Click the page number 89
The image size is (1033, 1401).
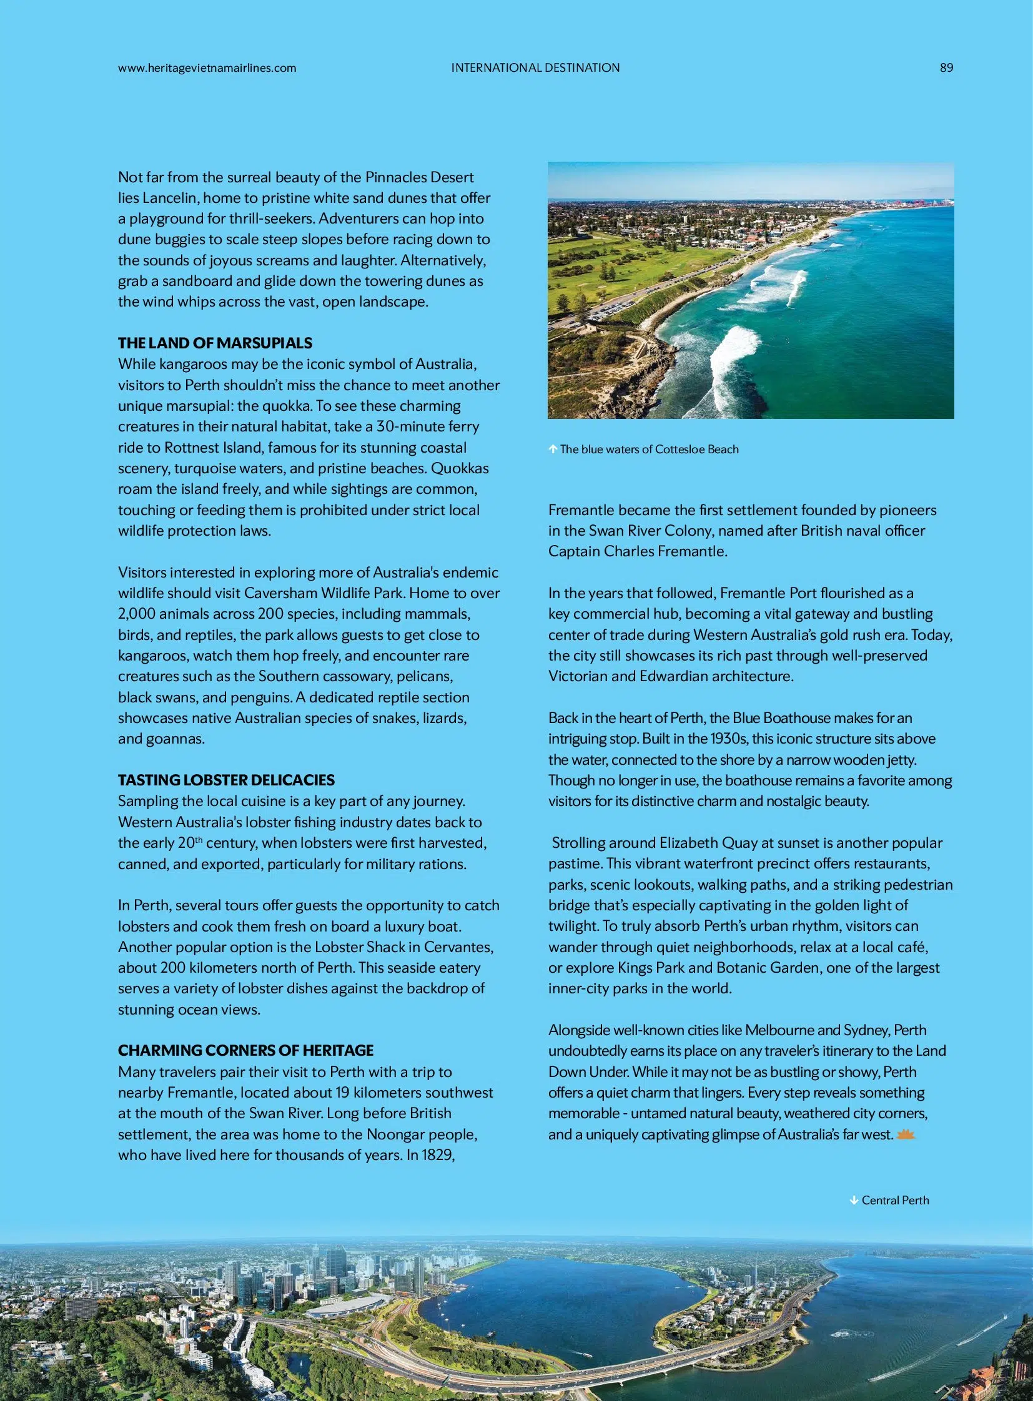pos(946,67)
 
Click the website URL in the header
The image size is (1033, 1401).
pos(207,68)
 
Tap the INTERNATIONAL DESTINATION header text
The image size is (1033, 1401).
pos(535,67)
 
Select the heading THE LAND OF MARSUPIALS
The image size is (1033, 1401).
pos(215,343)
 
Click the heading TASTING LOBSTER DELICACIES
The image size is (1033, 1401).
pos(226,780)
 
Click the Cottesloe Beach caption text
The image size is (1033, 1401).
pos(649,449)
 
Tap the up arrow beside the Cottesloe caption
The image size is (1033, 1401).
pos(553,449)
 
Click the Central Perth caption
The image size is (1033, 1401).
pos(895,1200)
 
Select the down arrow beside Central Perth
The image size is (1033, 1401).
pos(854,1200)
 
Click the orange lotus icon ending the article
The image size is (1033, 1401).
pos(906,1134)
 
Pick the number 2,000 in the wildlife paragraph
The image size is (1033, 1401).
pos(139,614)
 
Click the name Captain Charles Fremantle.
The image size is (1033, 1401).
pos(638,551)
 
